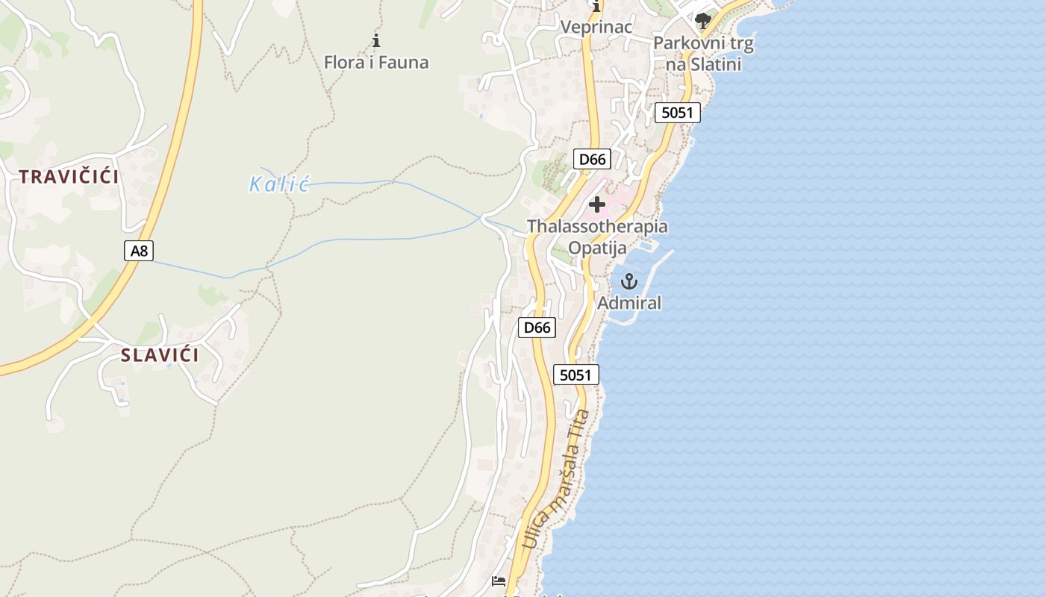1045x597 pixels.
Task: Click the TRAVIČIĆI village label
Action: click(x=69, y=177)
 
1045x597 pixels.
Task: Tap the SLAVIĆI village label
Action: click(x=160, y=355)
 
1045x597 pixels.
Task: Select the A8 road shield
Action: click(x=139, y=251)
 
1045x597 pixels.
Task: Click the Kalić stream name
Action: click(x=278, y=184)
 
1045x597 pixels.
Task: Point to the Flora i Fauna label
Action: click(x=376, y=62)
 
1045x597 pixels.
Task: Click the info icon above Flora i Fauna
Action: click(x=376, y=40)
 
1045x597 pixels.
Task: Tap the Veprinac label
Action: click(x=596, y=27)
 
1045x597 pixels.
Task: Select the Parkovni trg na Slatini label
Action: click(x=703, y=54)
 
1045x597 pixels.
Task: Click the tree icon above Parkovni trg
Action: click(x=702, y=20)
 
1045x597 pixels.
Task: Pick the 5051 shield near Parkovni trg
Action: click(x=678, y=113)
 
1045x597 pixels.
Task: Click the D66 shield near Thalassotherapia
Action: click(x=592, y=159)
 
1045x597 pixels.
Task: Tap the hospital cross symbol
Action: click(x=597, y=204)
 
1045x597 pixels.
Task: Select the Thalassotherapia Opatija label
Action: click(x=597, y=237)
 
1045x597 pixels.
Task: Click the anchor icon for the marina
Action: click(x=629, y=281)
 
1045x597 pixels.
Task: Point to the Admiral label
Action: click(x=629, y=303)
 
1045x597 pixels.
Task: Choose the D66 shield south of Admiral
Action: click(x=537, y=328)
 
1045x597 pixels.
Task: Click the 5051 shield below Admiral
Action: click(x=576, y=375)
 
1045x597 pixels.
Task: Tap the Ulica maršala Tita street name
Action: click(x=557, y=479)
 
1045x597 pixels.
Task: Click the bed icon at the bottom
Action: click(x=499, y=581)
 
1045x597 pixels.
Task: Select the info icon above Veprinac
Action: click(x=596, y=7)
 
